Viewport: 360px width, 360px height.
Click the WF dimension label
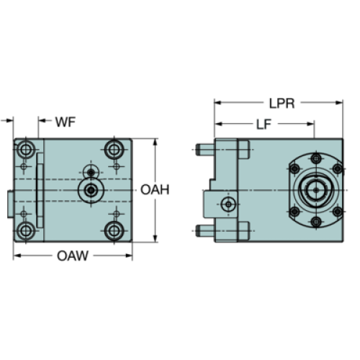pos(66,122)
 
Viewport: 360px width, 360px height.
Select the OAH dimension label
pos(155,189)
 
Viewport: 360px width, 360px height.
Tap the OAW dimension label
pos(73,256)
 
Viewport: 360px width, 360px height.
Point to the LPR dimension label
pos(282,104)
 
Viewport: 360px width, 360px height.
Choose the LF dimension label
pos(264,125)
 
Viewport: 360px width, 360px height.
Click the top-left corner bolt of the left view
pos(25,150)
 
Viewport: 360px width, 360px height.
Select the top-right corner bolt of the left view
pos(114,150)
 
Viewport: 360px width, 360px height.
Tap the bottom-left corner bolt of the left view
pos(25,231)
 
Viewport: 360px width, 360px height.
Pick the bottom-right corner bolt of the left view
pos(114,231)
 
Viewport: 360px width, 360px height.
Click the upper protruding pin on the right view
pos(205,150)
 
